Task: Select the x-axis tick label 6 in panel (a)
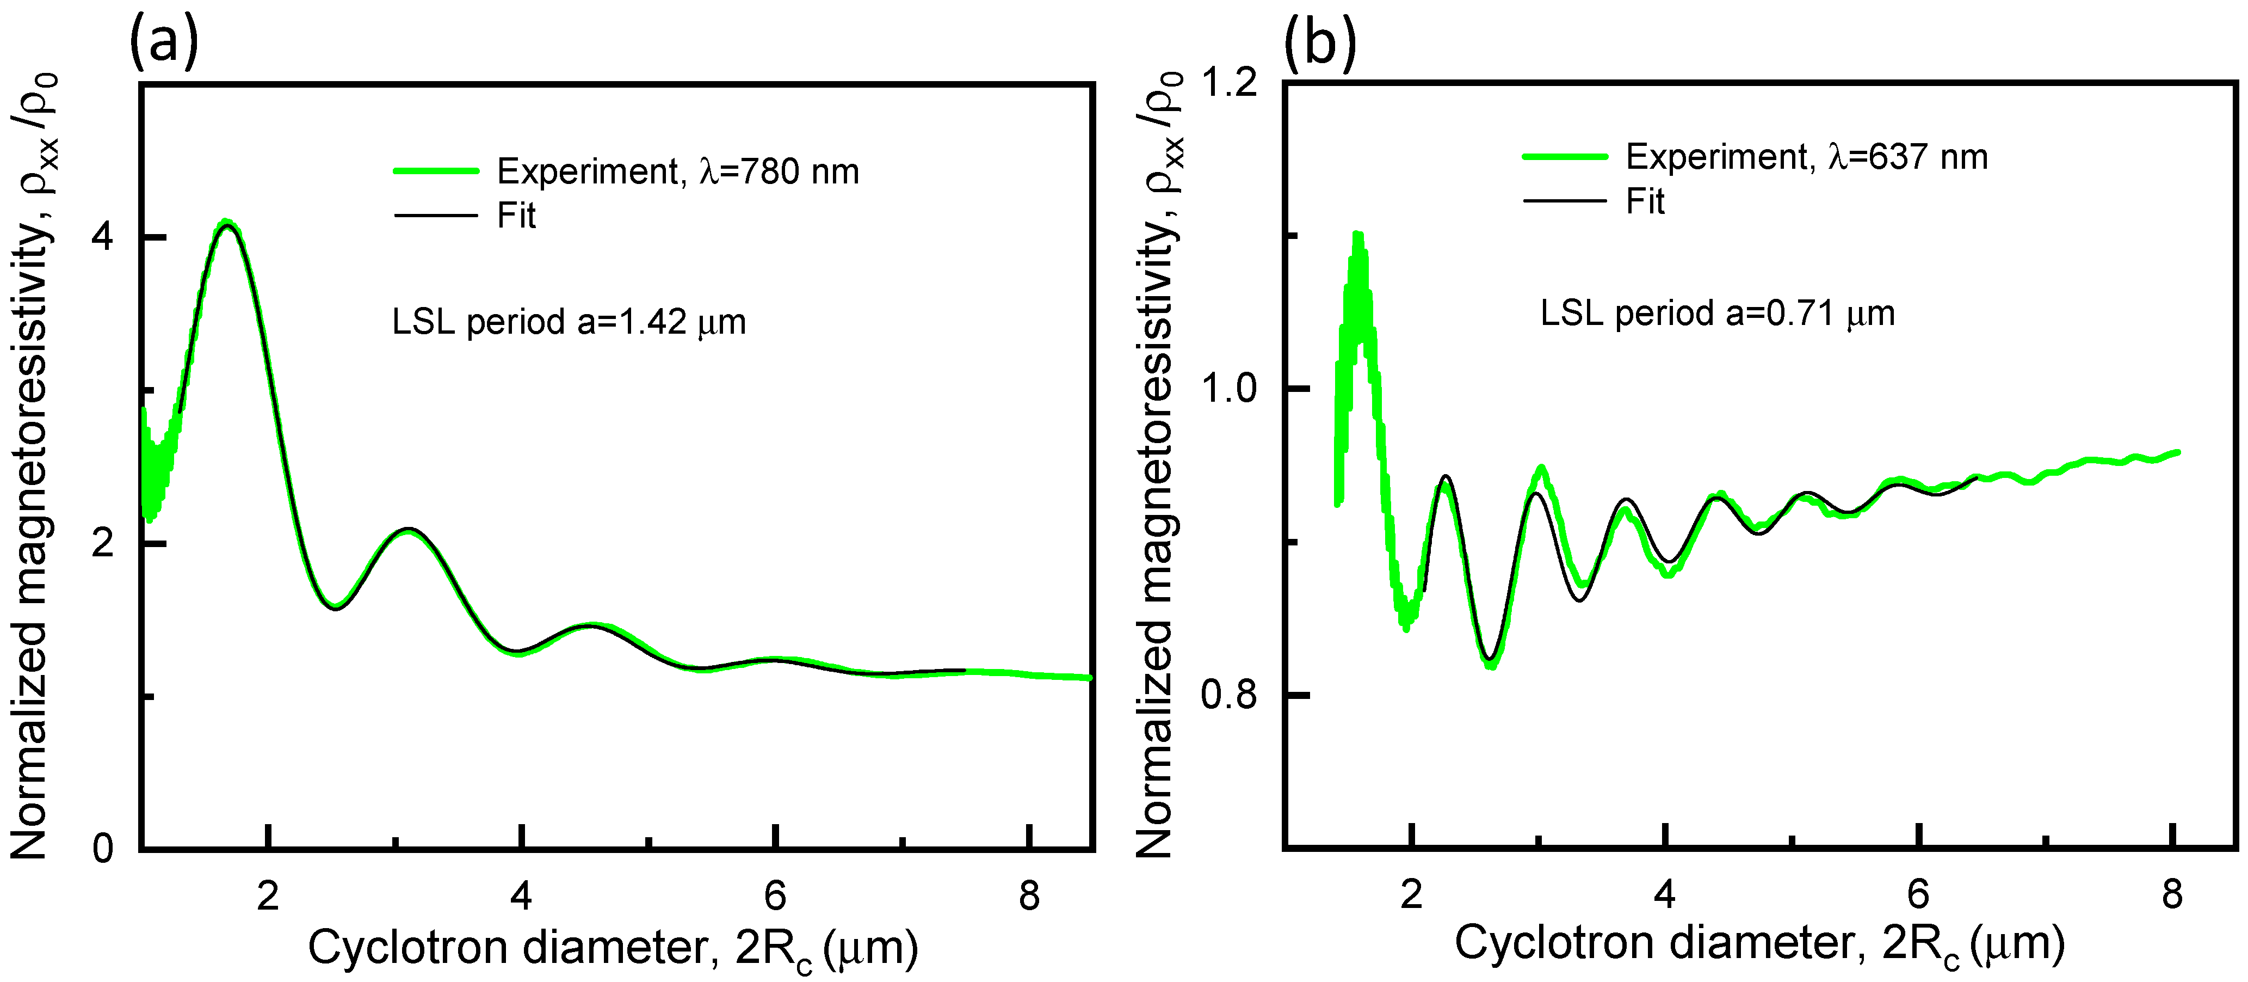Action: click(774, 895)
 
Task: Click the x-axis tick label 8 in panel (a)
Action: click(1030, 895)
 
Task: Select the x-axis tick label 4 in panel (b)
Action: click(1664, 895)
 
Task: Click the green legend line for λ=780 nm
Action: click(435, 171)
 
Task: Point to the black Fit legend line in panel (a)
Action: click(435, 214)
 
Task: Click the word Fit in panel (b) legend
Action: click(1645, 201)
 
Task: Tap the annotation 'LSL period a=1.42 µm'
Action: click(569, 322)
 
